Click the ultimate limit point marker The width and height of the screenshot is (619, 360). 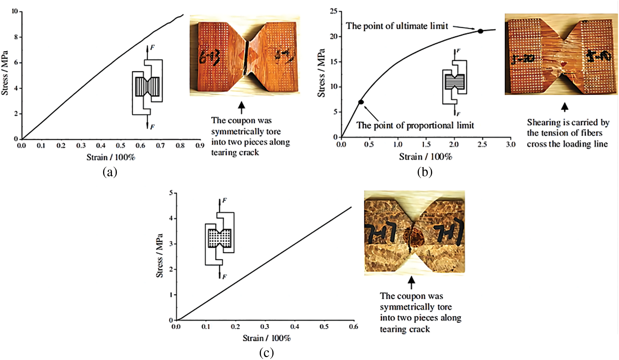point(480,31)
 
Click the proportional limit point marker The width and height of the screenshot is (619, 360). point(361,102)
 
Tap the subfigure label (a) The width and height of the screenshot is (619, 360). point(110,172)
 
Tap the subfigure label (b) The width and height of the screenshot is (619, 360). point(425,172)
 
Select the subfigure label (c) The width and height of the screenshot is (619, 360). point(266,353)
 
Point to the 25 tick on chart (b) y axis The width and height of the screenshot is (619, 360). point(334,12)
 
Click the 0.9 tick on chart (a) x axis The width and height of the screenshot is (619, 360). point(200,145)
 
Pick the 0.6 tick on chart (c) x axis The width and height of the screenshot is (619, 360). point(353,327)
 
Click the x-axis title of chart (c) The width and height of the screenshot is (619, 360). point(266,338)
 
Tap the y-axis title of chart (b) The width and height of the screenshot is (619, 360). point(321,73)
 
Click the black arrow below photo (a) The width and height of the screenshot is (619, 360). point(241,107)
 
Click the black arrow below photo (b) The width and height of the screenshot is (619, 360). point(564,107)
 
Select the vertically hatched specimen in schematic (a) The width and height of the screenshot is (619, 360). point(147,86)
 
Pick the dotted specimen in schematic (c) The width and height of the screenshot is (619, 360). point(220,238)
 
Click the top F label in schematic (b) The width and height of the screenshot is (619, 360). point(458,51)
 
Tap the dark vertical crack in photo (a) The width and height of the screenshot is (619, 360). point(246,58)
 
